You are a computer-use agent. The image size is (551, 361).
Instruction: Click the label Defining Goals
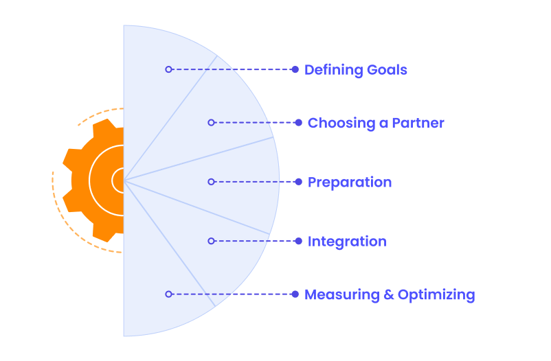pyautogui.click(x=355, y=70)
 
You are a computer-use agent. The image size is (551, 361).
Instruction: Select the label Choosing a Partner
pyautogui.click(x=375, y=124)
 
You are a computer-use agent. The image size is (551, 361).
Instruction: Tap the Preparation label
pyautogui.click(x=349, y=183)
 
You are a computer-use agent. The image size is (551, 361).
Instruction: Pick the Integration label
pyautogui.click(x=347, y=242)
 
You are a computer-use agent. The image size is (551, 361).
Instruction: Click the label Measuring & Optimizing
pyautogui.click(x=390, y=295)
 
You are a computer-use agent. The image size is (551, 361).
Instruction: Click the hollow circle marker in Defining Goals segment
pyautogui.click(x=168, y=69)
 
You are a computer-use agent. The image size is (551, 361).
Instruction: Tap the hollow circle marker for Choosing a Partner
pyautogui.click(x=211, y=122)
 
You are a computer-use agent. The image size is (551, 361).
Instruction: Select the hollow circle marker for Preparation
pyautogui.click(x=211, y=182)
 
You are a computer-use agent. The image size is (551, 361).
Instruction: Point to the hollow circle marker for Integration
pyautogui.click(x=211, y=241)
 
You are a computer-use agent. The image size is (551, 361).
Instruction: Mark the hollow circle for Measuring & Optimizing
pyautogui.click(x=168, y=294)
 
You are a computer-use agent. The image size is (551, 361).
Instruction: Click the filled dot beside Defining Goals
pyautogui.click(x=295, y=69)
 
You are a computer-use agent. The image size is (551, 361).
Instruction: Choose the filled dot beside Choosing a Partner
pyautogui.click(x=298, y=123)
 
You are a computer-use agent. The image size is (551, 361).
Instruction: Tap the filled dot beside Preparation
pyautogui.click(x=298, y=182)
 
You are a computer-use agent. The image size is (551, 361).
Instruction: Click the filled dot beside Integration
pyautogui.click(x=298, y=241)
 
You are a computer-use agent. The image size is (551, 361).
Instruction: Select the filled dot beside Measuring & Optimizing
pyautogui.click(x=295, y=294)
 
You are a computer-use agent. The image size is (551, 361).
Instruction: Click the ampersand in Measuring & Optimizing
pyautogui.click(x=387, y=295)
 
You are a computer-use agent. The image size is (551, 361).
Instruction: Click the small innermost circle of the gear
pyautogui.click(x=119, y=180)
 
